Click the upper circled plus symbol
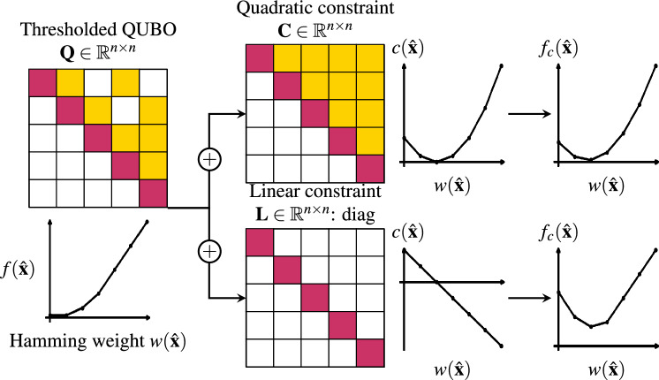point(210,161)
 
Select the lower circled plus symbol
point(210,254)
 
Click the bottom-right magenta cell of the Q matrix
point(153,193)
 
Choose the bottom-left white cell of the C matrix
point(258,166)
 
